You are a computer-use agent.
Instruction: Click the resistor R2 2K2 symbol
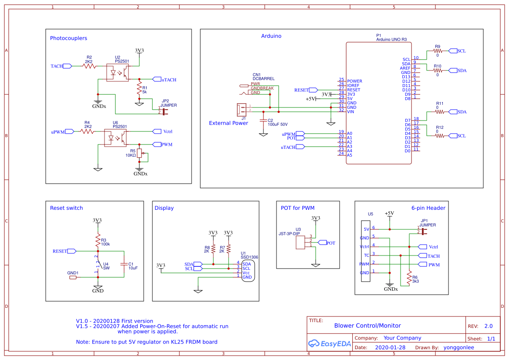coord(89,66)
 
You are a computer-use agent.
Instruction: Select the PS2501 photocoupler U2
coord(118,73)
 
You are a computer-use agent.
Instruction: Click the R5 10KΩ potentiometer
coord(139,153)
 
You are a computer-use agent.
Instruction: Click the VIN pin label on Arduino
coord(351,112)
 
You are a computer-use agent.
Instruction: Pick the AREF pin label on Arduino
coord(405,68)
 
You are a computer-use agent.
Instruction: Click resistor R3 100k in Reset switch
coord(98,241)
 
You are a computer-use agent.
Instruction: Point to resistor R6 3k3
coord(409,278)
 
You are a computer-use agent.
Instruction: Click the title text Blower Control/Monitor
coord(367,326)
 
